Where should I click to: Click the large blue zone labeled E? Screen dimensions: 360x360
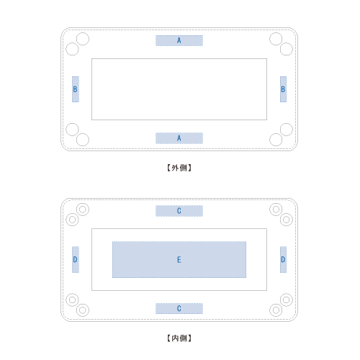179,260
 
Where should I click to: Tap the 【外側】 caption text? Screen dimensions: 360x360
179,168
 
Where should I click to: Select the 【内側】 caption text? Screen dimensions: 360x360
179,338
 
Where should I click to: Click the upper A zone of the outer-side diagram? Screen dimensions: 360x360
179,40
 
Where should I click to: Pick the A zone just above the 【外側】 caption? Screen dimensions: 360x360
179,138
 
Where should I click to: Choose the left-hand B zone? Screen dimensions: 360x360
76,89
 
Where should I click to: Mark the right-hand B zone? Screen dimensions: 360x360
283,89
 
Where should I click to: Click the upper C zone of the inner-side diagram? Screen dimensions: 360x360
179,211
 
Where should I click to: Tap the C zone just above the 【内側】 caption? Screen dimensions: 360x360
179,308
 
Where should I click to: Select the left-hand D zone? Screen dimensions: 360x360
76,259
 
